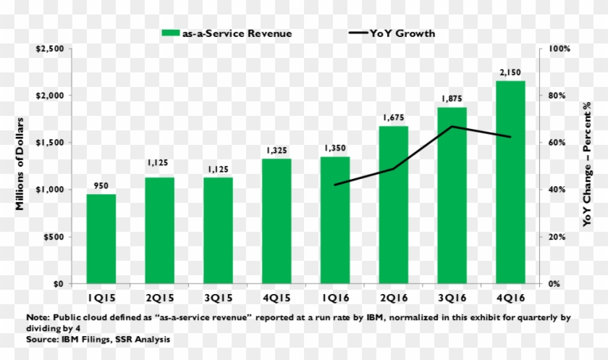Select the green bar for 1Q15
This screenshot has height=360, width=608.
(101, 239)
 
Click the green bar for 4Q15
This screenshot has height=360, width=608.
(276, 221)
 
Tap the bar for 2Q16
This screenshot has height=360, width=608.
(393, 205)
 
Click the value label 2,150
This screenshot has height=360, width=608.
(510, 72)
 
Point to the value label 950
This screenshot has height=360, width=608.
(101, 186)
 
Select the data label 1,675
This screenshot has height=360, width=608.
(393, 118)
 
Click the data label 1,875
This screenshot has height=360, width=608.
(452, 99)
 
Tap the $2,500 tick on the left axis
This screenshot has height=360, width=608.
(50, 49)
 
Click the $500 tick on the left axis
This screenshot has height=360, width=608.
(54, 237)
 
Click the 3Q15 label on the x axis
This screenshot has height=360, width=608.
(218, 297)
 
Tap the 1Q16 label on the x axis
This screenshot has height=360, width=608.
(335, 297)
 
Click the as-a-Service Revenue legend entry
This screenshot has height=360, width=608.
(227, 33)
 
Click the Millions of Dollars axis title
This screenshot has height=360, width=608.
(20, 164)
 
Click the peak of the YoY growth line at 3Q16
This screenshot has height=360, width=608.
(452, 127)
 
